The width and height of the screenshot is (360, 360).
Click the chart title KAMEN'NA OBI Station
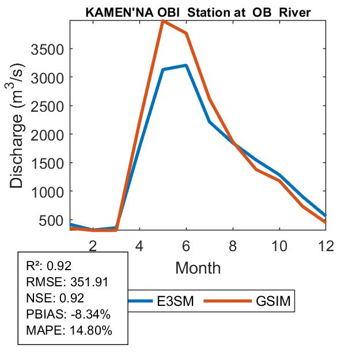point(199,12)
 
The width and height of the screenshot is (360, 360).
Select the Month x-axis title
point(198,267)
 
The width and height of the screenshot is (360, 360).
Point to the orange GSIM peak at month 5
point(163,21)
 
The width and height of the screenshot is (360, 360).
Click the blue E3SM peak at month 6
point(186,65)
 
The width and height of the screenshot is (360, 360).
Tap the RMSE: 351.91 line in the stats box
point(67,282)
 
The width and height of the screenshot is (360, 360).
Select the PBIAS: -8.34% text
point(68,314)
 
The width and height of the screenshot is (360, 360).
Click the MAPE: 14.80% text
point(69,331)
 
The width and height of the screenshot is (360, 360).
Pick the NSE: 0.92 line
point(55,298)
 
